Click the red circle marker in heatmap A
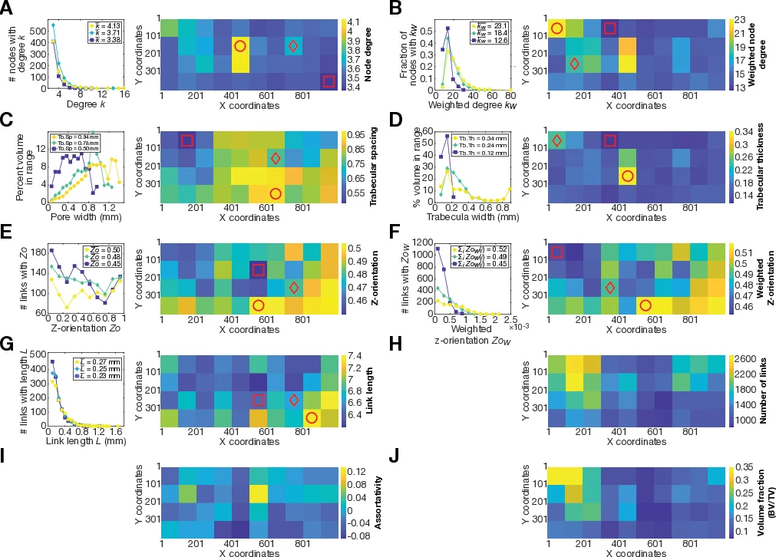[239, 47]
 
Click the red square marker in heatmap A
[329, 82]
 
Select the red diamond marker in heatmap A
[293, 47]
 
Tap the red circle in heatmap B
[556, 28]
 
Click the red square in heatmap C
[187, 140]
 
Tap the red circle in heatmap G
[312, 417]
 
